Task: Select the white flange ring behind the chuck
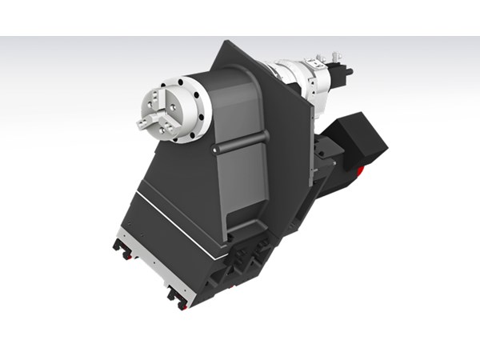coord(192,105)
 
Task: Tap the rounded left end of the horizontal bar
coord(214,149)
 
